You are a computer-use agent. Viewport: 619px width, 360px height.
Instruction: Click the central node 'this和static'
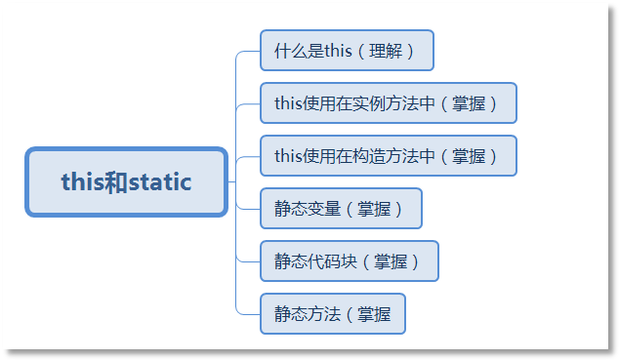point(126,181)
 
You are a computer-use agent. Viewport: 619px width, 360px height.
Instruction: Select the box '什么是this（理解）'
point(347,51)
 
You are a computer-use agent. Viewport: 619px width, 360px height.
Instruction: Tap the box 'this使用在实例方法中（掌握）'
point(388,103)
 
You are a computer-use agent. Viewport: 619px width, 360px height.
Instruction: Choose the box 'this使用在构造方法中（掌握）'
point(388,156)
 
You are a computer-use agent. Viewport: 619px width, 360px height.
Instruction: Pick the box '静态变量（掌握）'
point(341,208)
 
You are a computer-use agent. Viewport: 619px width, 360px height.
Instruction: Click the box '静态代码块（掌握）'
point(349,260)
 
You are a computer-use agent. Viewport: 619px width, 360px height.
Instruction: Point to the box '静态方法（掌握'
point(332,313)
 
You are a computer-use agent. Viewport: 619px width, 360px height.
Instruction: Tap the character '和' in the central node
point(115,181)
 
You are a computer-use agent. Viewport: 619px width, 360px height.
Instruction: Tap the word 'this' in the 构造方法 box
point(289,156)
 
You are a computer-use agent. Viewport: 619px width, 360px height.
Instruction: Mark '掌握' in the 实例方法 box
point(475,103)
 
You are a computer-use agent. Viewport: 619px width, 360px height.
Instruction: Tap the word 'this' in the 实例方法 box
point(289,103)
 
